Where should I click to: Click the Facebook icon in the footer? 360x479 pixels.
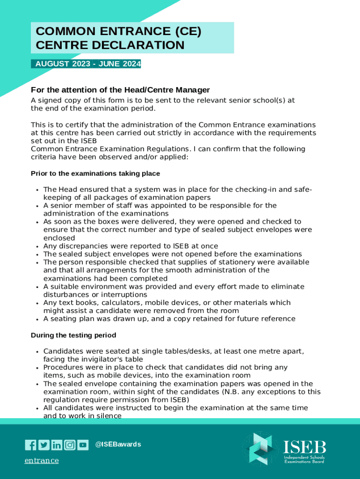30,445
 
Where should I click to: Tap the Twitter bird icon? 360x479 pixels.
43,445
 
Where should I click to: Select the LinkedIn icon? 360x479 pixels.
57,445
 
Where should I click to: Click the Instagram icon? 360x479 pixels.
70,445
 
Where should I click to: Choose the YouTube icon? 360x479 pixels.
83,445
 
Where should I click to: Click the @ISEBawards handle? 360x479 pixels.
118,444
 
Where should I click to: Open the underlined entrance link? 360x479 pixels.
42,461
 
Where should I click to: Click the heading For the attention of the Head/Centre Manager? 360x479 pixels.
120,90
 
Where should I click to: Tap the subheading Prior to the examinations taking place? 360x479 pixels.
95,174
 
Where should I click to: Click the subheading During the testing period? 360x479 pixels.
73,335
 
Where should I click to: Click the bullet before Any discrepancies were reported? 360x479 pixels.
36,247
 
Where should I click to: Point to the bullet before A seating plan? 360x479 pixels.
36,319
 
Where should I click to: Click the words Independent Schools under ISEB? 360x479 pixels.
304,457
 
